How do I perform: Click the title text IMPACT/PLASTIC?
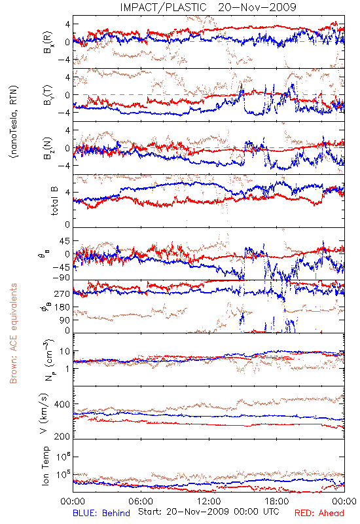pyautogui.click(x=163, y=7)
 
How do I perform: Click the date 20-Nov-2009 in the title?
pyautogui.click(x=257, y=7)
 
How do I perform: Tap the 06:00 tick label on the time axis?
pyautogui.click(x=141, y=501)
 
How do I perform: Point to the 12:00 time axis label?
pyautogui.click(x=209, y=501)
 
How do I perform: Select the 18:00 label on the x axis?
pyautogui.click(x=277, y=501)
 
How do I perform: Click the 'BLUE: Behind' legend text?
pyautogui.click(x=101, y=513)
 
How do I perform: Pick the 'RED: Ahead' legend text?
pyautogui.click(x=319, y=513)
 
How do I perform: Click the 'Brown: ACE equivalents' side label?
pyautogui.click(x=13, y=333)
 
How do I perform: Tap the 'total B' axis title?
pyautogui.click(x=54, y=201)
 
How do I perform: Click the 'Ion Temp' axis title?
pyautogui.click(x=45, y=466)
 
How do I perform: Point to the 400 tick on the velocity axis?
pyautogui.click(x=62, y=404)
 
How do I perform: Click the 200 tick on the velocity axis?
pyautogui.click(x=62, y=436)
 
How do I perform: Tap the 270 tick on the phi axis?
pyautogui.click(x=62, y=293)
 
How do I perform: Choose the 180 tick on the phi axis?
pyautogui.click(x=62, y=307)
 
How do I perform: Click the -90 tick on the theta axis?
pyautogui.click(x=62, y=278)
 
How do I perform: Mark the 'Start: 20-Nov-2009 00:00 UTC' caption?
pyautogui.click(x=209, y=512)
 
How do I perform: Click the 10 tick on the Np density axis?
pyautogui.click(x=65, y=352)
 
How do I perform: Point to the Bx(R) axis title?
pyautogui.click(x=48, y=42)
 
